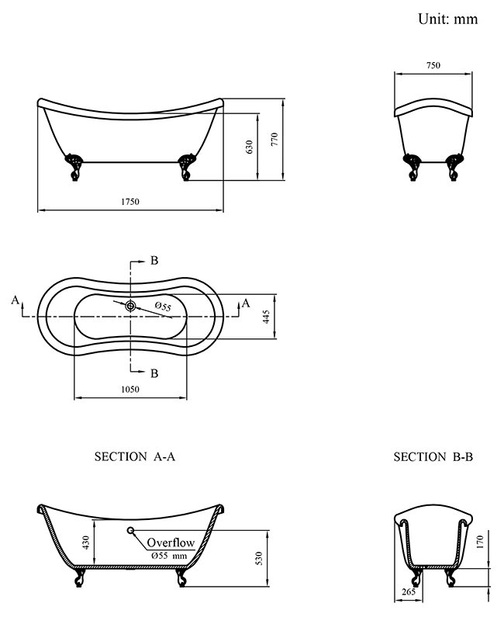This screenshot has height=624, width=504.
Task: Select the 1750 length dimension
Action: coord(129,202)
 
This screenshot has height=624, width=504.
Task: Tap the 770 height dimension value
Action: coord(274,140)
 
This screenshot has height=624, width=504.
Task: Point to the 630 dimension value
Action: coord(250,146)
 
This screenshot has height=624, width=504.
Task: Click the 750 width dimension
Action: coord(433,66)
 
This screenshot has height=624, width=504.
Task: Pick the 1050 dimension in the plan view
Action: coord(129,390)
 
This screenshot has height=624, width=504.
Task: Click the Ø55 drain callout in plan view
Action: coord(163,307)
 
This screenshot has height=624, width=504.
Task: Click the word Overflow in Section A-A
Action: coord(171,543)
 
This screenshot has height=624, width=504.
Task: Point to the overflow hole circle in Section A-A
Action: coord(130,531)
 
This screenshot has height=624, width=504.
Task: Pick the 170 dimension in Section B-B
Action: coord(480,540)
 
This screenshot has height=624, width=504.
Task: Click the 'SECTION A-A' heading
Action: coord(135,457)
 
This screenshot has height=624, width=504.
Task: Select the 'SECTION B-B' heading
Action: coord(433,457)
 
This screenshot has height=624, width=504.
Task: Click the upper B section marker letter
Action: coord(154,261)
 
